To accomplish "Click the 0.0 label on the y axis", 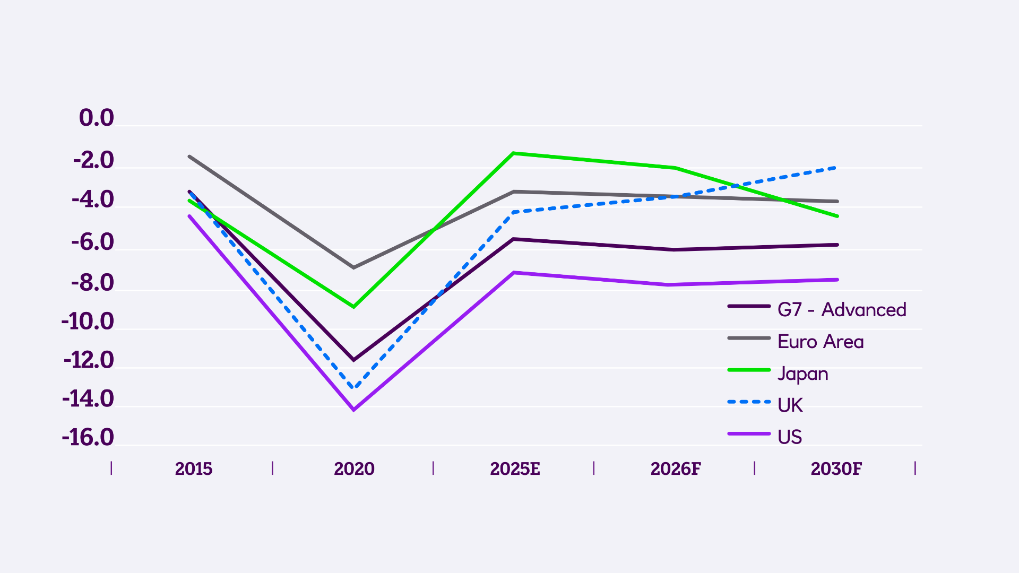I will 96,118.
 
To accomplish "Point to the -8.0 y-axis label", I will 92,283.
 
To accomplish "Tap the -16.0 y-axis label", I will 88,438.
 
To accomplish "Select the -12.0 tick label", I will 89,360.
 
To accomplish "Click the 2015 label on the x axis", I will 193,469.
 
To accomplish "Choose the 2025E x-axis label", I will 515,469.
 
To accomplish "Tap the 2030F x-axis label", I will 836,469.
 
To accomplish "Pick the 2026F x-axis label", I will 676,469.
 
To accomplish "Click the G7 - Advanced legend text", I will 842,310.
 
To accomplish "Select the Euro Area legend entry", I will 821,342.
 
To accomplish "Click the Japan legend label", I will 802,374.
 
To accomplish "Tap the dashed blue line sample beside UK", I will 749,402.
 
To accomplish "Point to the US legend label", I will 789,437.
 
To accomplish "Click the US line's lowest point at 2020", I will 354,410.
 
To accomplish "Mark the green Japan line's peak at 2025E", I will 513,153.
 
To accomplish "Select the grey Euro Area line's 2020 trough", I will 354,267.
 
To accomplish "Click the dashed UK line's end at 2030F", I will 837,168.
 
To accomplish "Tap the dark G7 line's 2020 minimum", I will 354,360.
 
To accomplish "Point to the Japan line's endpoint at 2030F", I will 837,216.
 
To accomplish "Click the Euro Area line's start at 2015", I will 189,157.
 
